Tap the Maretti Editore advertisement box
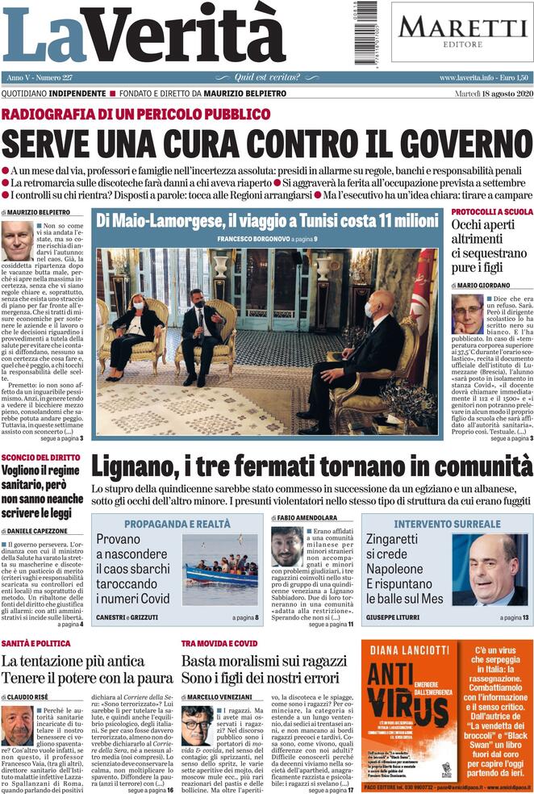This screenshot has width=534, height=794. click(x=462, y=31)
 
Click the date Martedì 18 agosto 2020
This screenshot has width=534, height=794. click(x=482, y=94)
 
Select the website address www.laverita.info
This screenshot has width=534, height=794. click(x=471, y=77)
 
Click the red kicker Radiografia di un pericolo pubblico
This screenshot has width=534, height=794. click(x=136, y=114)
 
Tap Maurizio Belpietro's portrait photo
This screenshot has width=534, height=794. click(x=17, y=241)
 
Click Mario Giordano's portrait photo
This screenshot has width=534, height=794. click(x=467, y=313)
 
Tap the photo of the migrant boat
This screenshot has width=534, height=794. click(x=220, y=568)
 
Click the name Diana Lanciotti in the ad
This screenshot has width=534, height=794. click(x=411, y=650)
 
